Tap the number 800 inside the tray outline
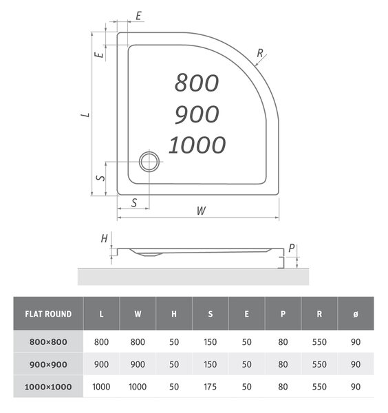(x=197, y=83)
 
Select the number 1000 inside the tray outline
(x=197, y=145)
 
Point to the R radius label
(x=260, y=53)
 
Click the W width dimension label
(x=202, y=211)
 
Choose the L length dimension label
(x=85, y=115)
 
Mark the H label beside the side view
(x=105, y=239)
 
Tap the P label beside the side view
(x=292, y=248)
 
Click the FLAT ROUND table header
(x=48, y=314)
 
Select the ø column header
(x=356, y=314)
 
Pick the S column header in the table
(x=211, y=314)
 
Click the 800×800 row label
(x=48, y=342)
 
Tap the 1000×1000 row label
(x=48, y=387)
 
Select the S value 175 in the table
(x=210, y=387)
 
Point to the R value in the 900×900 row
(x=319, y=364)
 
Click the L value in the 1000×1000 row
(x=101, y=387)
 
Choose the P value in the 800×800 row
(x=283, y=342)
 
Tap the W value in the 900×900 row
(x=138, y=364)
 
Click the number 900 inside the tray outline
(x=197, y=114)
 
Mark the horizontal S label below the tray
(x=134, y=203)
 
